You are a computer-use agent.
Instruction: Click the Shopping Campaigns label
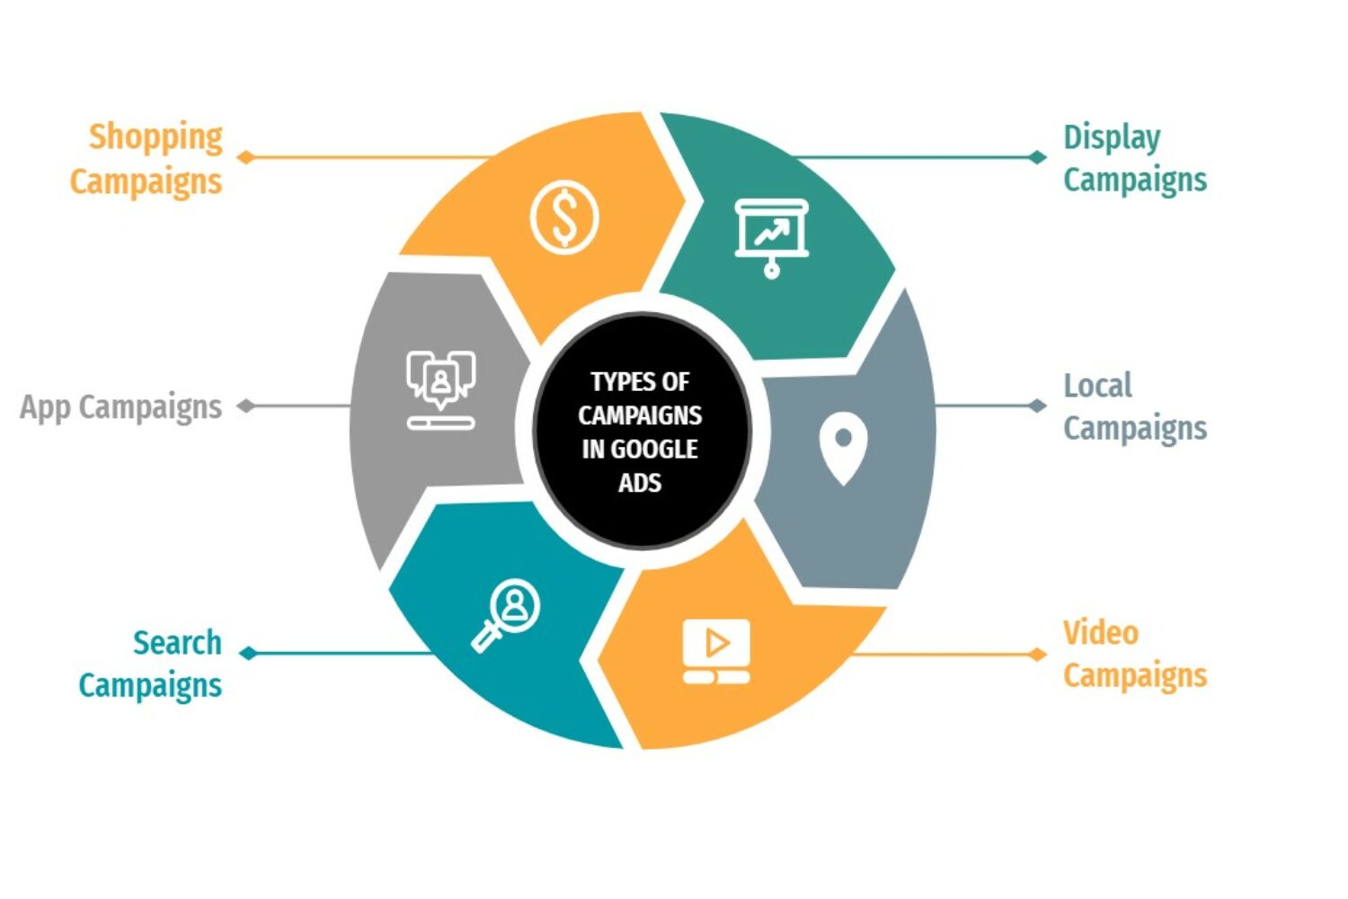pos(146,159)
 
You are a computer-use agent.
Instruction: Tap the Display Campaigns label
pos(1134,159)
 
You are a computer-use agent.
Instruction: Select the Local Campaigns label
pos(1134,407)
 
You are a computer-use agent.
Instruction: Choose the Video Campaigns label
pos(1134,654)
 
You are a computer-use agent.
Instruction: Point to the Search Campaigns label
pos(151,664)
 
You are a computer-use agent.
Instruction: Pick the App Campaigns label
pos(121,407)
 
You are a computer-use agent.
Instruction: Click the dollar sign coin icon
pos(564,218)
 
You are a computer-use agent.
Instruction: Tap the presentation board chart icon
pos(771,236)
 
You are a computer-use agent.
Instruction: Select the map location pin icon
pos(843,448)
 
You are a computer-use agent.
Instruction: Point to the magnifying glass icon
pos(506,615)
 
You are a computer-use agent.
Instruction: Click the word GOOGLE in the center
pos(653,449)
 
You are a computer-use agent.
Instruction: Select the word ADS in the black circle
pos(640,483)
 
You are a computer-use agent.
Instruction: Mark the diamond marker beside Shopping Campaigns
pos(246,157)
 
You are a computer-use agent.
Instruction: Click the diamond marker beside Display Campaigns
pos(1037,157)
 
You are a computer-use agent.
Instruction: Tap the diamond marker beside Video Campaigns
pos(1037,654)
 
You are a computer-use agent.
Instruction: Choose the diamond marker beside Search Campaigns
pos(249,654)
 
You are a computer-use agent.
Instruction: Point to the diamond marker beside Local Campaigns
pos(1037,405)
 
